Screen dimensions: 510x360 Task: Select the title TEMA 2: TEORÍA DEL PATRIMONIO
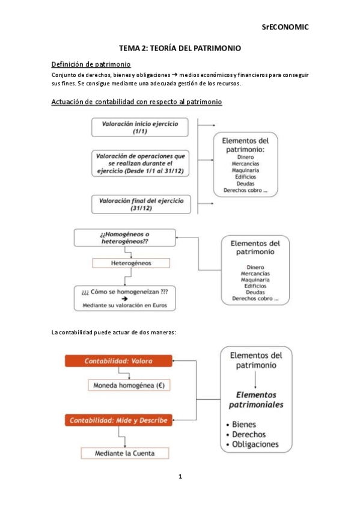coord(180,48)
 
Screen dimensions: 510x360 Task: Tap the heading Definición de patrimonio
coord(91,64)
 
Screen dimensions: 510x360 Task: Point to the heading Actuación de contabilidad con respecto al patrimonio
coord(137,102)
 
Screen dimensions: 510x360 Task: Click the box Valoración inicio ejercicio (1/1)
coord(139,127)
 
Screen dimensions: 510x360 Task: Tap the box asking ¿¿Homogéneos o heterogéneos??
coord(125,237)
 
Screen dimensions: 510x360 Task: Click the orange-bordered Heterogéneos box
coord(131,263)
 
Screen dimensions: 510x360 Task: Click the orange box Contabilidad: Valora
coord(118,361)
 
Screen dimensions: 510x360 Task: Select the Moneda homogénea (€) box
coord(130,385)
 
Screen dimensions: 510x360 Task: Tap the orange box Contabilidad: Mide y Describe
coord(118,420)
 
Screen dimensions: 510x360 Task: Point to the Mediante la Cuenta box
coord(125,453)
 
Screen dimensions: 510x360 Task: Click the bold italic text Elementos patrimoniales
coord(256,399)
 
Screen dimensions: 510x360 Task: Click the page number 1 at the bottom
coord(180,477)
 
